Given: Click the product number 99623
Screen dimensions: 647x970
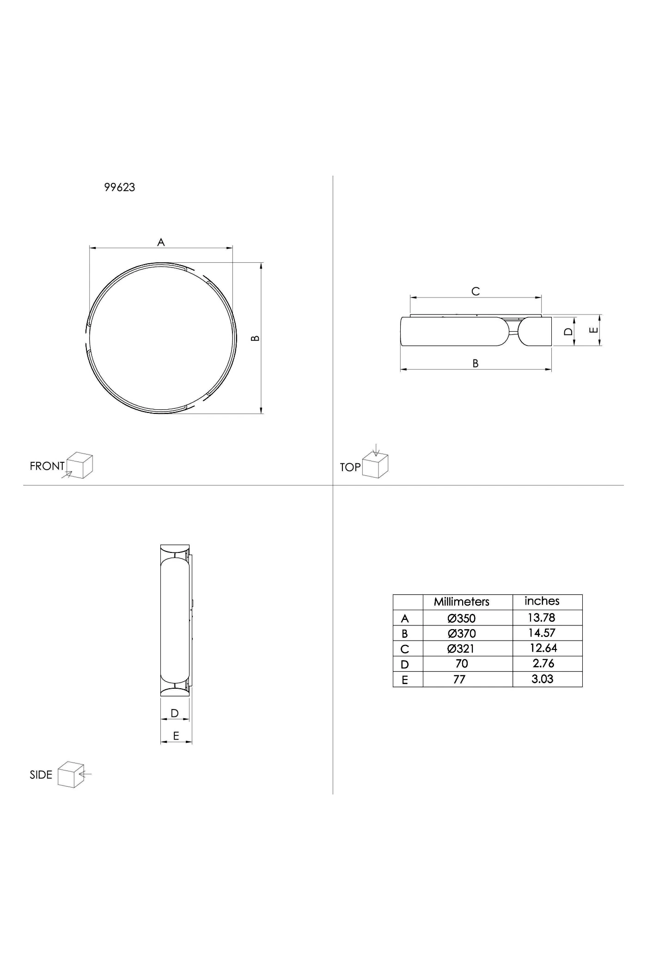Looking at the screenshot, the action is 120,187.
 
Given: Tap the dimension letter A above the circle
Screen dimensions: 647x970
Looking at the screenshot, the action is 161,242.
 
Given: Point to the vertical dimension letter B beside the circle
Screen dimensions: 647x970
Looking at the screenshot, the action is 255,338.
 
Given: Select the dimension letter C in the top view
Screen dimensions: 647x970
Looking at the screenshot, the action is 476,291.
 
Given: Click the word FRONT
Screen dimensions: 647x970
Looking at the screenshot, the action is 47,466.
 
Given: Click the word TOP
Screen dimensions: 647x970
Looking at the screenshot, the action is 350,467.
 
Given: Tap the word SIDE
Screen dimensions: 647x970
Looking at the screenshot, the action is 41,775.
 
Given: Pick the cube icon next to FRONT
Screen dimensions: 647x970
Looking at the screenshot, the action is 79,465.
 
